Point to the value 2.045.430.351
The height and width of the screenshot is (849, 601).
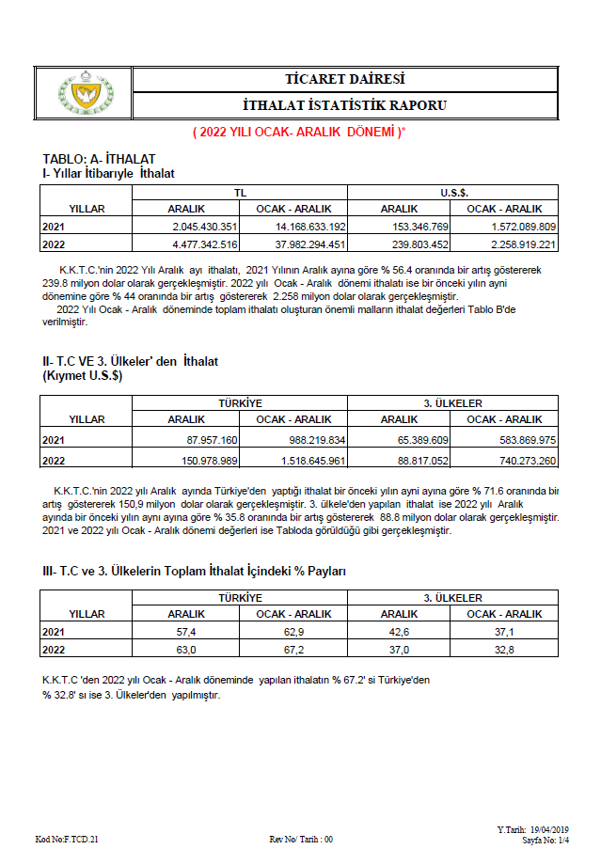click(x=204, y=227)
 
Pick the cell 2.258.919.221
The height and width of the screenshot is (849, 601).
click(x=511, y=244)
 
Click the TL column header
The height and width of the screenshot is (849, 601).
click(x=241, y=192)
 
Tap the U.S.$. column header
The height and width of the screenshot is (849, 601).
click(x=454, y=192)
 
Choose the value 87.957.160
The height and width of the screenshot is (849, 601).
click(x=206, y=439)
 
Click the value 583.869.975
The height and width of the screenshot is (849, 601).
click(x=511, y=439)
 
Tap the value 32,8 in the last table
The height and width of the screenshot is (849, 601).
click(x=505, y=650)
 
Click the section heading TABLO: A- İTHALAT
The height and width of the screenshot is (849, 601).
click(x=99, y=159)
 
